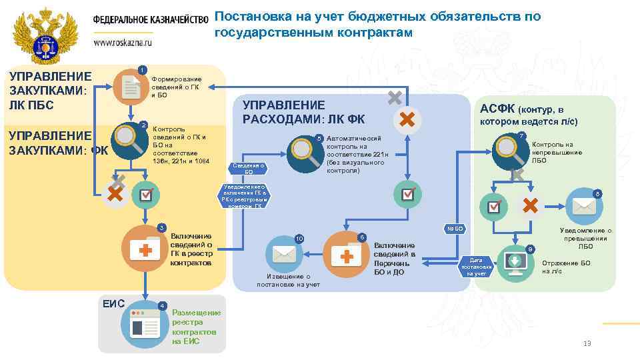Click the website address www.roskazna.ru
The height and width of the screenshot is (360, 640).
click(123, 41)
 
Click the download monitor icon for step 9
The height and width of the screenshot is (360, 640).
click(515, 261)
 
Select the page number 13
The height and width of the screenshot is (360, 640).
click(587, 343)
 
